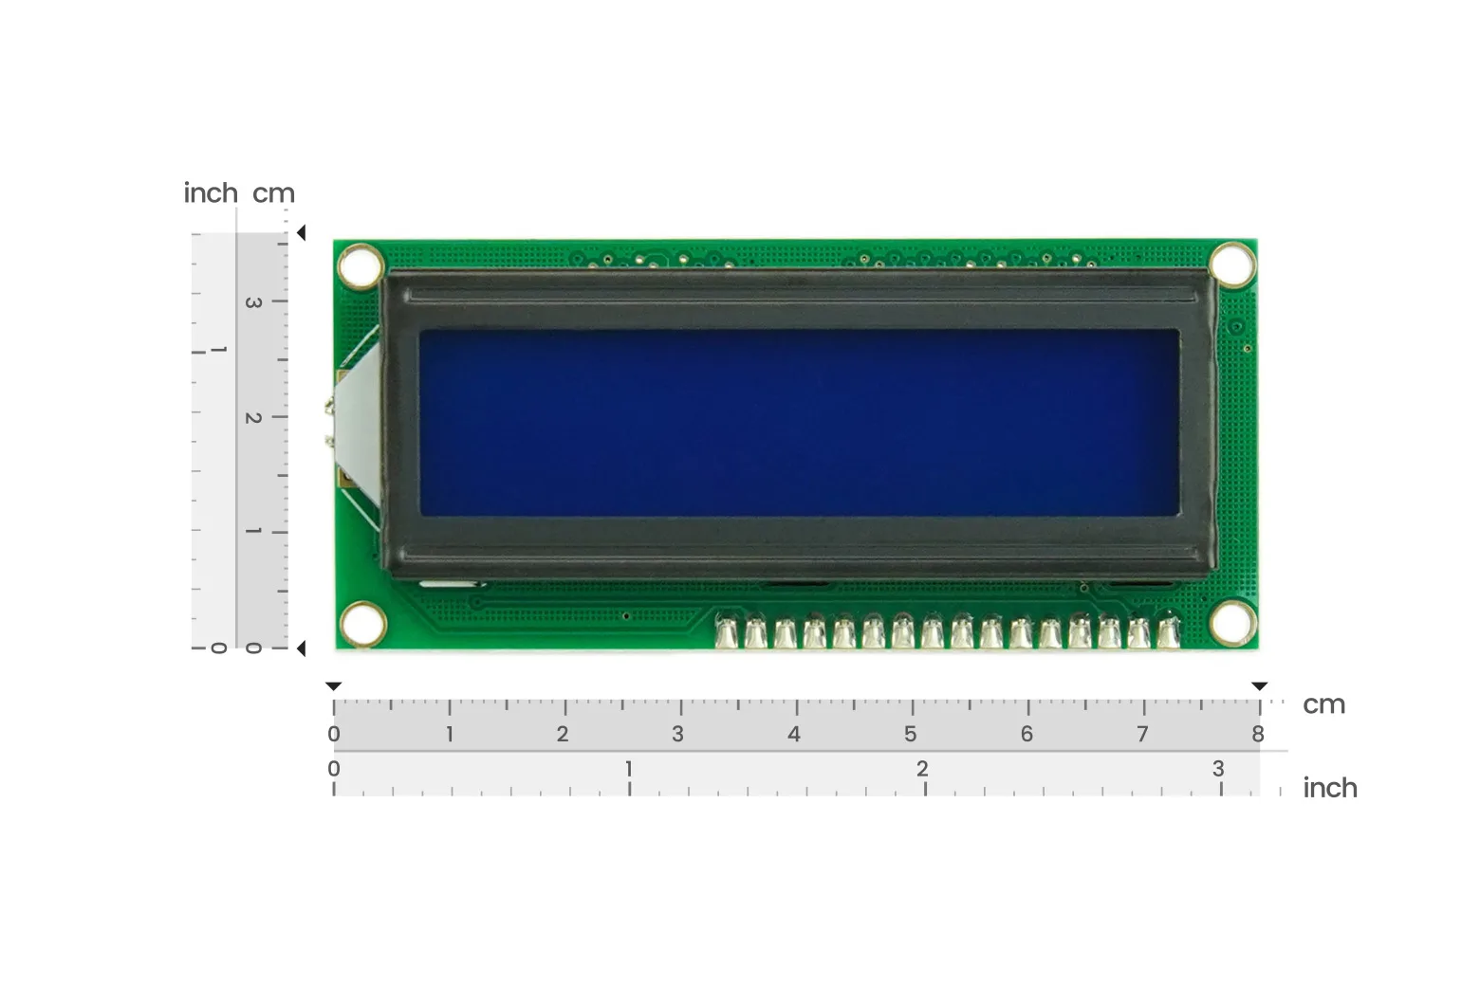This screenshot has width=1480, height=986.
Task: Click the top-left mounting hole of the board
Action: (x=361, y=266)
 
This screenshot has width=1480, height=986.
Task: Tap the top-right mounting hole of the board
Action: (x=1233, y=265)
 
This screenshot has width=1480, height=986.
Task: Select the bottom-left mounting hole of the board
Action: (x=362, y=624)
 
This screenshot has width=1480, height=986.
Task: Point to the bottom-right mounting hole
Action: (x=1233, y=623)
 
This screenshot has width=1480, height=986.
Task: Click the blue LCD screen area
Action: (x=800, y=423)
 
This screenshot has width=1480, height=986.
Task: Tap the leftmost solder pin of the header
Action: (x=726, y=632)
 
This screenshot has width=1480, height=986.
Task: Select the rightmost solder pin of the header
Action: (x=1168, y=631)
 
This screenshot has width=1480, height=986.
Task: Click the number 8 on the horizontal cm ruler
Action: (x=1258, y=734)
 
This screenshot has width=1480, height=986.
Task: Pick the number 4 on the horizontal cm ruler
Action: (x=794, y=734)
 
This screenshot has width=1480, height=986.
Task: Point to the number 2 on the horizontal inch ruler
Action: (x=922, y=769)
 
